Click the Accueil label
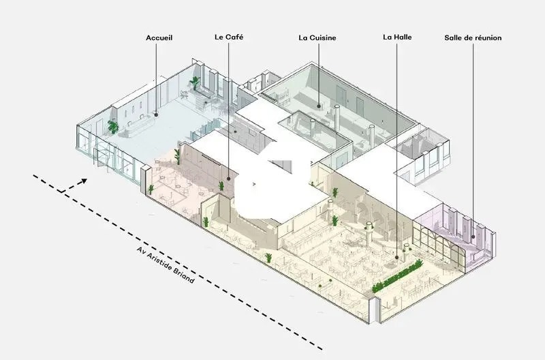pos(159,38)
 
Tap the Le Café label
pos(229,37)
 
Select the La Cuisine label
pos(317,38)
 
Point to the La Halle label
pos(397,37)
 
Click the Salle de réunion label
pos(473,38)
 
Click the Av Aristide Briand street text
pos(166,265)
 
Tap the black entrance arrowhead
pos(84,181)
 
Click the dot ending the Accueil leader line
pos(156,115)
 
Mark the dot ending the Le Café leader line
pos(229,179)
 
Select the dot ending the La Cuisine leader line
pos(318,106)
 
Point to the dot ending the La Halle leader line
pos(396,258)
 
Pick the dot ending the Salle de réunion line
pos(473,237)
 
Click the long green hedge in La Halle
pos(398,276)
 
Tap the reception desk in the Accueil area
pos(139,126)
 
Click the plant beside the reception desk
pos(113,127)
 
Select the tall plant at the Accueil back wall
pos(195,83)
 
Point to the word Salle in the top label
pos(453,38)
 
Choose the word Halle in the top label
pos(403,37)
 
